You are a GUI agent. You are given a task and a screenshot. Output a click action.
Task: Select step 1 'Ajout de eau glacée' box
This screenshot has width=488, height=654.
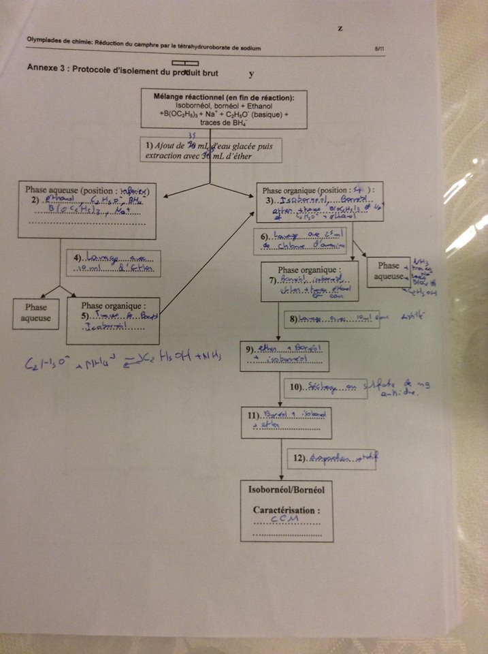pos(212,151)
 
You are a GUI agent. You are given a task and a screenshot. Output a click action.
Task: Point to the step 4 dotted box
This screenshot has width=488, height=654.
pos(114,264)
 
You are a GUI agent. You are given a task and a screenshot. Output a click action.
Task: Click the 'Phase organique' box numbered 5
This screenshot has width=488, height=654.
pos(112,320)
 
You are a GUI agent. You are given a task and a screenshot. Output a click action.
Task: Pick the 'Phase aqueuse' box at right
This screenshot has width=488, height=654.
pos(389,275)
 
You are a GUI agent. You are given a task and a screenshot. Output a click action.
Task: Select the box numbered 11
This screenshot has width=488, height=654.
pos(286,422)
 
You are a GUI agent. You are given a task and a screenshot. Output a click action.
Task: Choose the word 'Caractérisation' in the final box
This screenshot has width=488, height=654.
pos(286,510)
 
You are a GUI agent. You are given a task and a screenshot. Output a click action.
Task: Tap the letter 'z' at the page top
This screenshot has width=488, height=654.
pos(339,29)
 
